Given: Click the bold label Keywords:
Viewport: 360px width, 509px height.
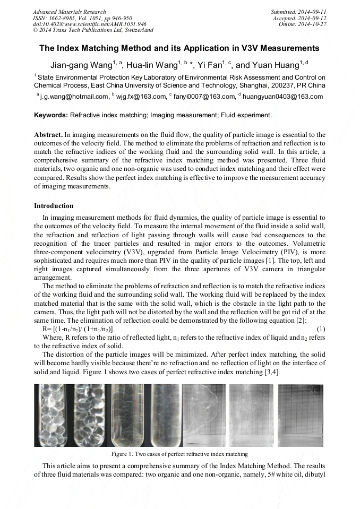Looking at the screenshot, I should pyautogui.click(x=51, y=115).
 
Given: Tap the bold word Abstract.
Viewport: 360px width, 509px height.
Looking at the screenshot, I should pyautogui.click(x=48, y=135).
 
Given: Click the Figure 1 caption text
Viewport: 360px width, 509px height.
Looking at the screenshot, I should pyautogui.click(x=179, y=454).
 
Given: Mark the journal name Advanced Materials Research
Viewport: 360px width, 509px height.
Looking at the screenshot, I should pyautogui.click(x=69, y=12).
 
